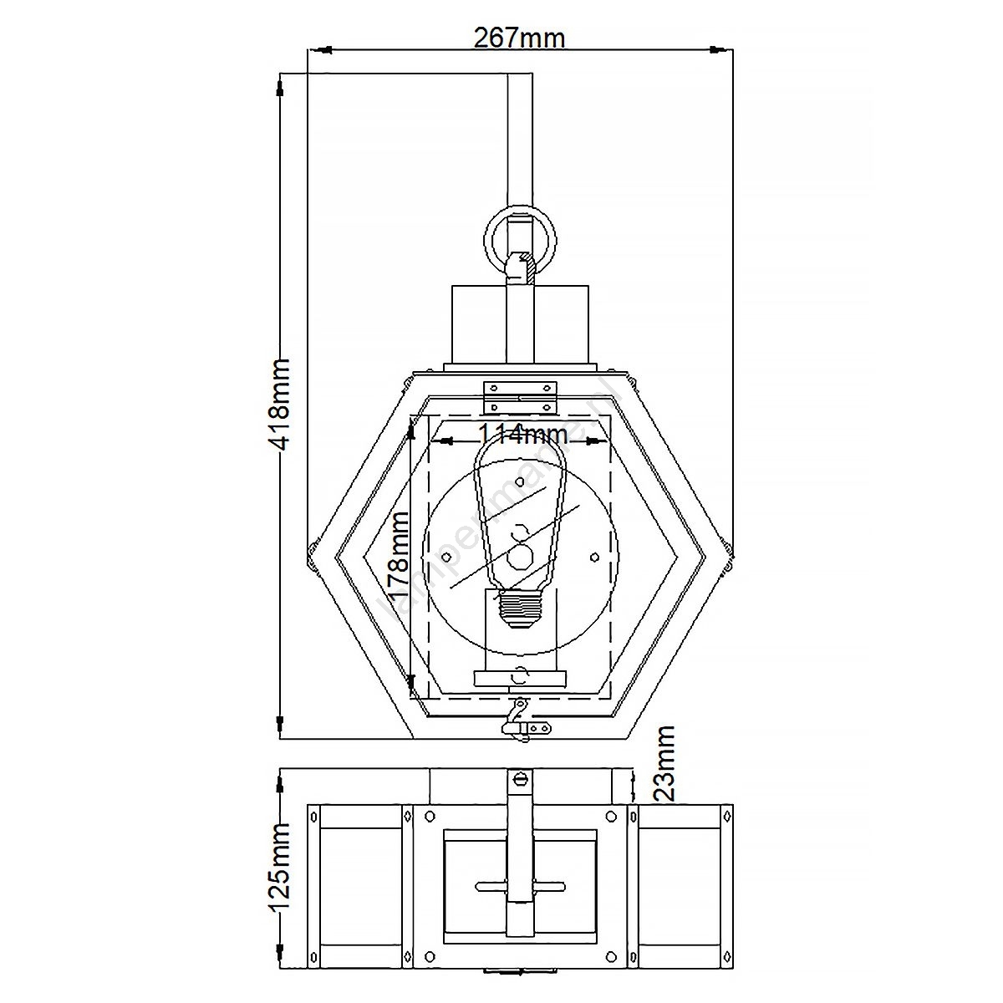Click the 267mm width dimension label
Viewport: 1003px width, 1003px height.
click(x=519, y=37)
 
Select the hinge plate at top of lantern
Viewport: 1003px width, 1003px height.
click(x=521, y=396)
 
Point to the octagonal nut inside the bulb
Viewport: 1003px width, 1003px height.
click(x=521, y=557)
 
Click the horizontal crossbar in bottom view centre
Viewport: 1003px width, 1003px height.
click(x=521, y=884)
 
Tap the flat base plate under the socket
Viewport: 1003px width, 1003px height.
click(x=521, y=679)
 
